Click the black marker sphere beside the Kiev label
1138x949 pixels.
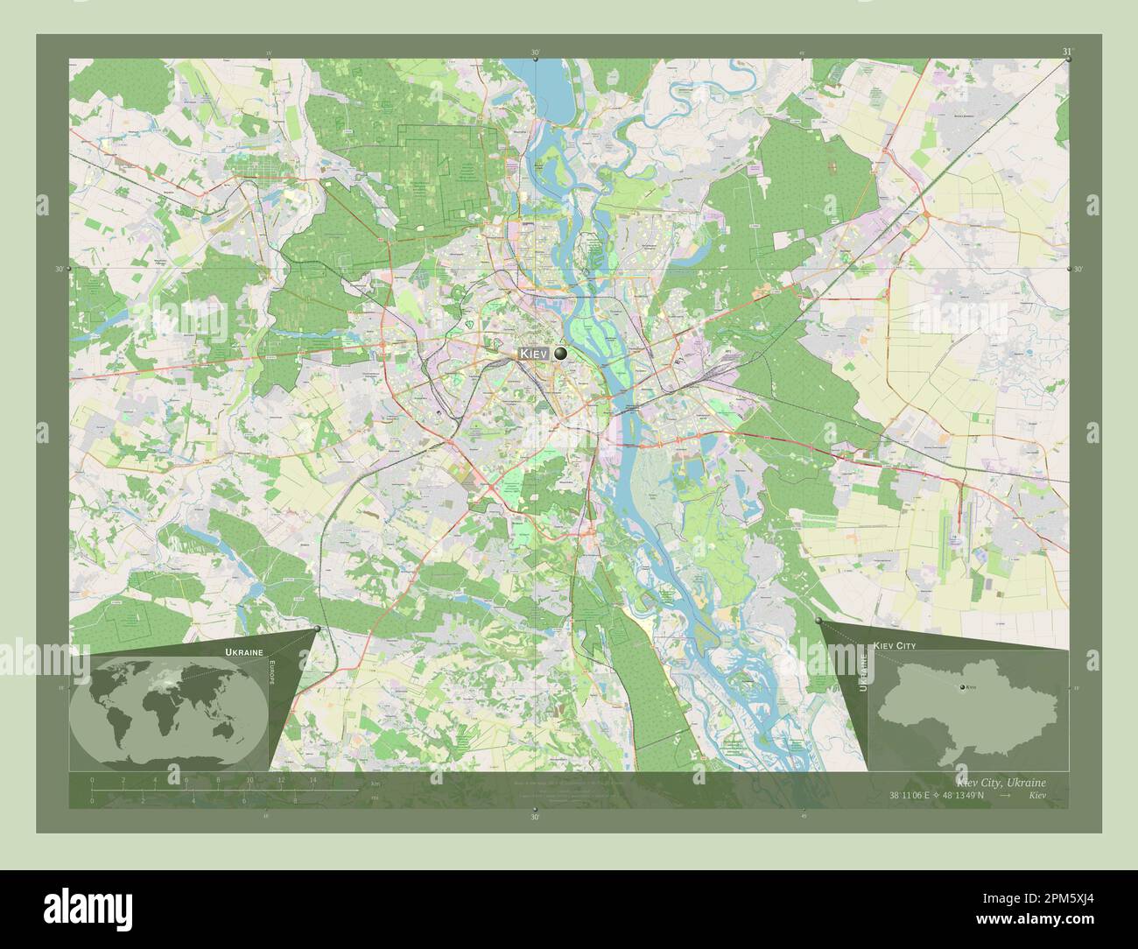click(560, 353)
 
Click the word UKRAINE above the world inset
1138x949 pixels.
click(242, 653)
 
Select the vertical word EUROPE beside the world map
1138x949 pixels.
click(271, 678)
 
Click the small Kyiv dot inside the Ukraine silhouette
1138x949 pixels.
click(963, 690)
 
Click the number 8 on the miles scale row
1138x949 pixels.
click(295, 800)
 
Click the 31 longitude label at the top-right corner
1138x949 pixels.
click(1066, 53)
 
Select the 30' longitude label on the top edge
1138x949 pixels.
click(535, 53)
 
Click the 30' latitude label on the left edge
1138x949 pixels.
click(60, 269)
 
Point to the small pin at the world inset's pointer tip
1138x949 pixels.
click(317, 628)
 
